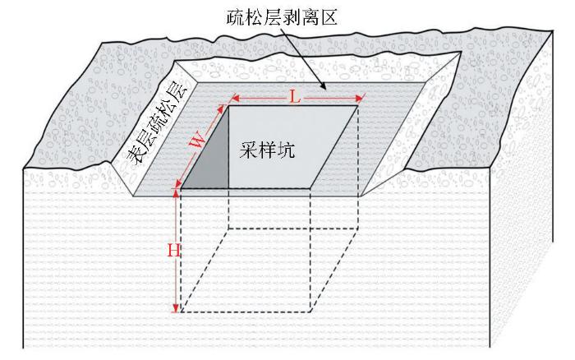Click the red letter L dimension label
295,98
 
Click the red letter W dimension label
199,141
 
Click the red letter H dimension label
174,252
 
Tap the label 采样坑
267,150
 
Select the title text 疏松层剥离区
282,17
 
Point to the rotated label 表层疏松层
157,122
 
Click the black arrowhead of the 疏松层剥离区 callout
322,85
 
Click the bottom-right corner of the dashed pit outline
310,312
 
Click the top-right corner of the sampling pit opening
358,106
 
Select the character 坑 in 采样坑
286,150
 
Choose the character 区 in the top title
329,17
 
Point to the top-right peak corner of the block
552,31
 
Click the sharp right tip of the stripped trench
461,53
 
